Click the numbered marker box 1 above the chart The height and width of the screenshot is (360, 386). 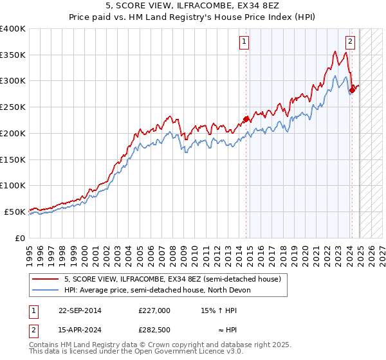[x=244, y=42]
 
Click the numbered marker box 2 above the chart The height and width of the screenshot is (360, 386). [x=350, y=42]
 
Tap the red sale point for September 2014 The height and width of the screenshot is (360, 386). [x=246, y=119]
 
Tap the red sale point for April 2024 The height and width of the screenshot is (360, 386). [x=353, y=89]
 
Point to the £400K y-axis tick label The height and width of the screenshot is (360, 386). [x=13, y=29]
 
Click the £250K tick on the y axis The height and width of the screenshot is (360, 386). [x=13, y=107]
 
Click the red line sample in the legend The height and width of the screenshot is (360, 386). [x=46, y=280]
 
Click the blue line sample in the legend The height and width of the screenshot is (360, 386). [x=46, y=291]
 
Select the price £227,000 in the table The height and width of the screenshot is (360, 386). [x=154, y=310]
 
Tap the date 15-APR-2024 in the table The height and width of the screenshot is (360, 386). [x=80, y=330]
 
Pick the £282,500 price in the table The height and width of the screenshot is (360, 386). [x=154, y=330]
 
